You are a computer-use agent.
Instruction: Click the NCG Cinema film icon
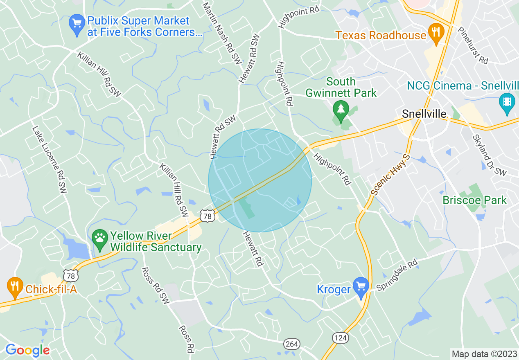tap(507, 102)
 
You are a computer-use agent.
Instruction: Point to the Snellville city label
tap(424, 114)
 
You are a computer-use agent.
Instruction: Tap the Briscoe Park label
tap(475, 200)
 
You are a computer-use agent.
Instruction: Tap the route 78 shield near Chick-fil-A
tap(71, 276)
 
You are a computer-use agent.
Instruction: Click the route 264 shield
tap(292, 344)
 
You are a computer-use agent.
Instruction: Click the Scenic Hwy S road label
tap(390, 174)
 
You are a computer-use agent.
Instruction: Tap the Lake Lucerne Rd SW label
tap(49, 159)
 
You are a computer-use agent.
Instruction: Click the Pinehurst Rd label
tap(473, 45)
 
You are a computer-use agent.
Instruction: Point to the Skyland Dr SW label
tap(489, 155)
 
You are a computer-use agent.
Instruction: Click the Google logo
tap(27, 351)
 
